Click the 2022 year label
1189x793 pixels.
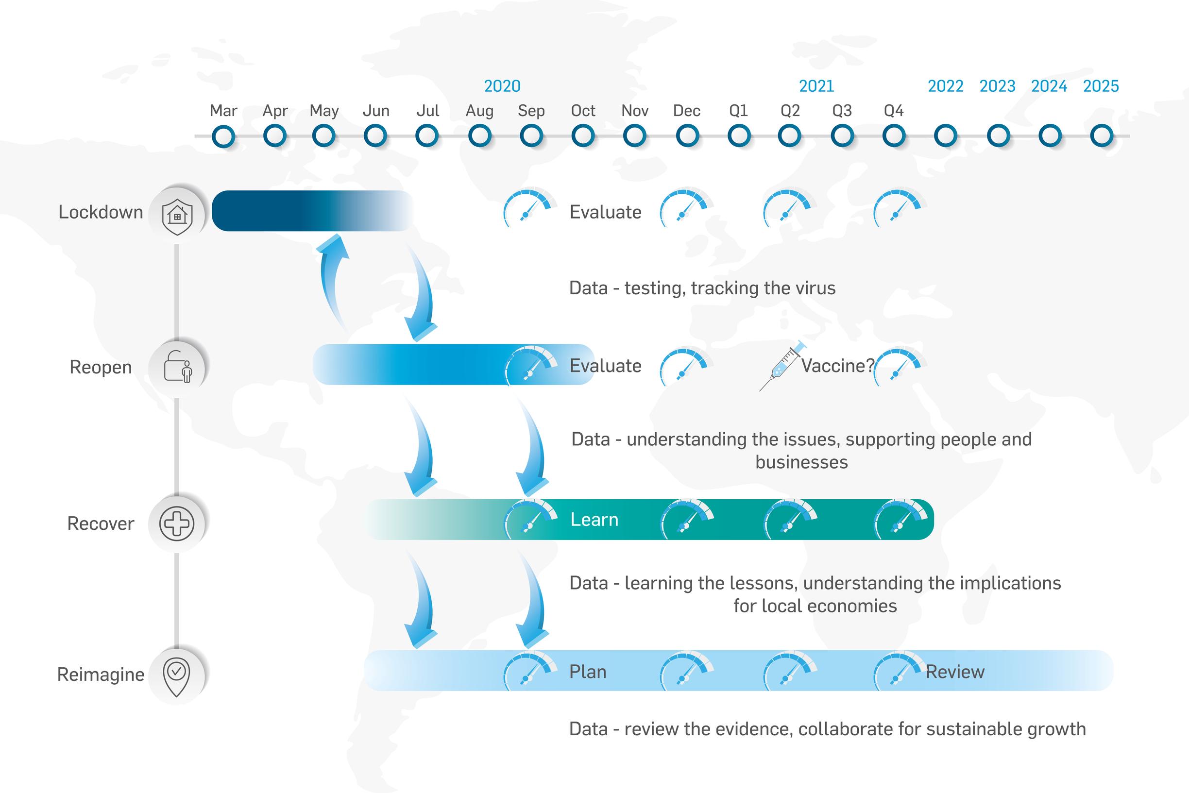(945, 86)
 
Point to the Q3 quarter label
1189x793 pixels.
(842, 111)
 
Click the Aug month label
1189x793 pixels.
(479, 111)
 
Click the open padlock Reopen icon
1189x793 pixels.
(177, 366)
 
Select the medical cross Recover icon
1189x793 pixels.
(176, 523)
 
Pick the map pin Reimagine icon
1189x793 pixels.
(176, 677)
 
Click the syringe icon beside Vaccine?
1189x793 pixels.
(782, 366)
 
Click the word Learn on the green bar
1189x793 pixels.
(594, 520)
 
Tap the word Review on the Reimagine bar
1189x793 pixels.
(955, 672)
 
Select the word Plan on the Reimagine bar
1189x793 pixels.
(588, 672)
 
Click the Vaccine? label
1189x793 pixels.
(837, 366)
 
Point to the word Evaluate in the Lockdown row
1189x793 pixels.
(605, 212)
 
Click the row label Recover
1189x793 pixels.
(101, 524)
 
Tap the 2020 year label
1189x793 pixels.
(502, 86)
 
